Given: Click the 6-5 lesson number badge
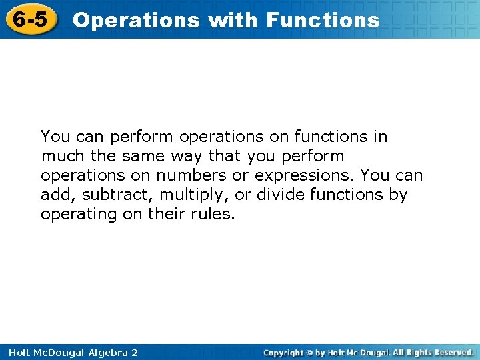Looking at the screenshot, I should pos(31,19).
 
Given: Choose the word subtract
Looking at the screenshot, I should pos(101,195).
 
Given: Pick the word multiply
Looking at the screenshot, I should pos(167,195).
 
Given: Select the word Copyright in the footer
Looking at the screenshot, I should pos(283,352).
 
